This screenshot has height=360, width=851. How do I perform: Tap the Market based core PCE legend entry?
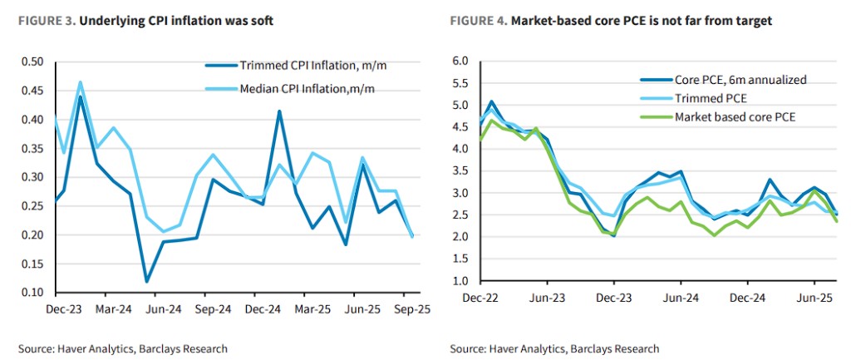point(735,116)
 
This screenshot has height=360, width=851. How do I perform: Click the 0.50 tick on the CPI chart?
point(32,62)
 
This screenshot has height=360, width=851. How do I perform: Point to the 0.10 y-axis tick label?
point(32,293)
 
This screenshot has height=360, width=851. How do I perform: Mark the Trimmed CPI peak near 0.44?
point(81,96)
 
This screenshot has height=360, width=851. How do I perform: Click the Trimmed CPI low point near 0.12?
point(146,281)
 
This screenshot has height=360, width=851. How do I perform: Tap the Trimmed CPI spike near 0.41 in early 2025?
point(278,111)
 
